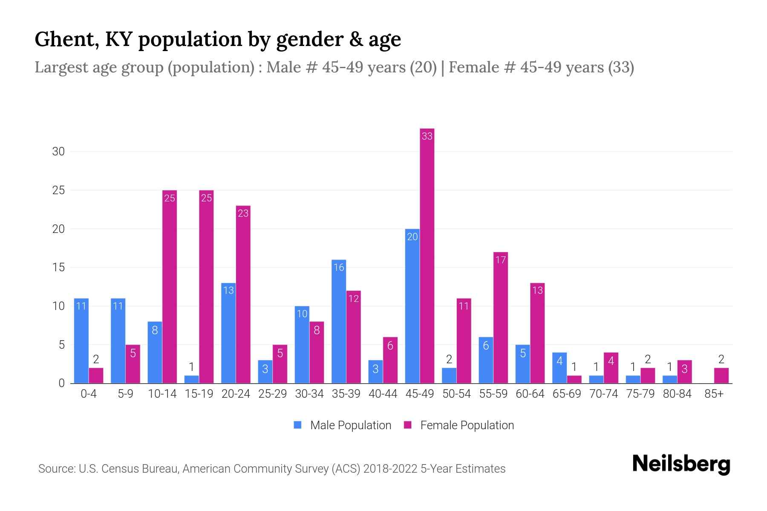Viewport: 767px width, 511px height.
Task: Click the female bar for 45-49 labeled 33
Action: click(427, 255)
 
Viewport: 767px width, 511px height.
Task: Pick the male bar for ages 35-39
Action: click(339, 322)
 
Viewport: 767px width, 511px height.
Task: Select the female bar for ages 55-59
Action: click(501, 318)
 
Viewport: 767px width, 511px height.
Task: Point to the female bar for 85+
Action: click(721, 376)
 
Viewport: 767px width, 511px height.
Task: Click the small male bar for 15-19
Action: click(192, 379)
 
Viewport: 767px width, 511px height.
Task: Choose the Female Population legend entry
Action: click(459, 425)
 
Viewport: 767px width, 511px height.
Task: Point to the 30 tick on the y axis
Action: click(58, 152)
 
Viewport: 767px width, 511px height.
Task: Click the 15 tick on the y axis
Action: click(58, 267)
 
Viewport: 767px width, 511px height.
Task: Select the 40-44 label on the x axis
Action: click(383, 394)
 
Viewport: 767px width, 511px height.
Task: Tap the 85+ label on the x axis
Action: click(714, 394)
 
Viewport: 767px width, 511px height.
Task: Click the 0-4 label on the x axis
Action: click(89, 394)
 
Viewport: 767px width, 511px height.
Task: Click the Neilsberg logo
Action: click(681, 464)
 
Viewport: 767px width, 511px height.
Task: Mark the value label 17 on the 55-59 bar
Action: click(501, 260)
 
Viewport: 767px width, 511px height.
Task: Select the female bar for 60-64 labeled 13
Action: click(537, 333)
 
